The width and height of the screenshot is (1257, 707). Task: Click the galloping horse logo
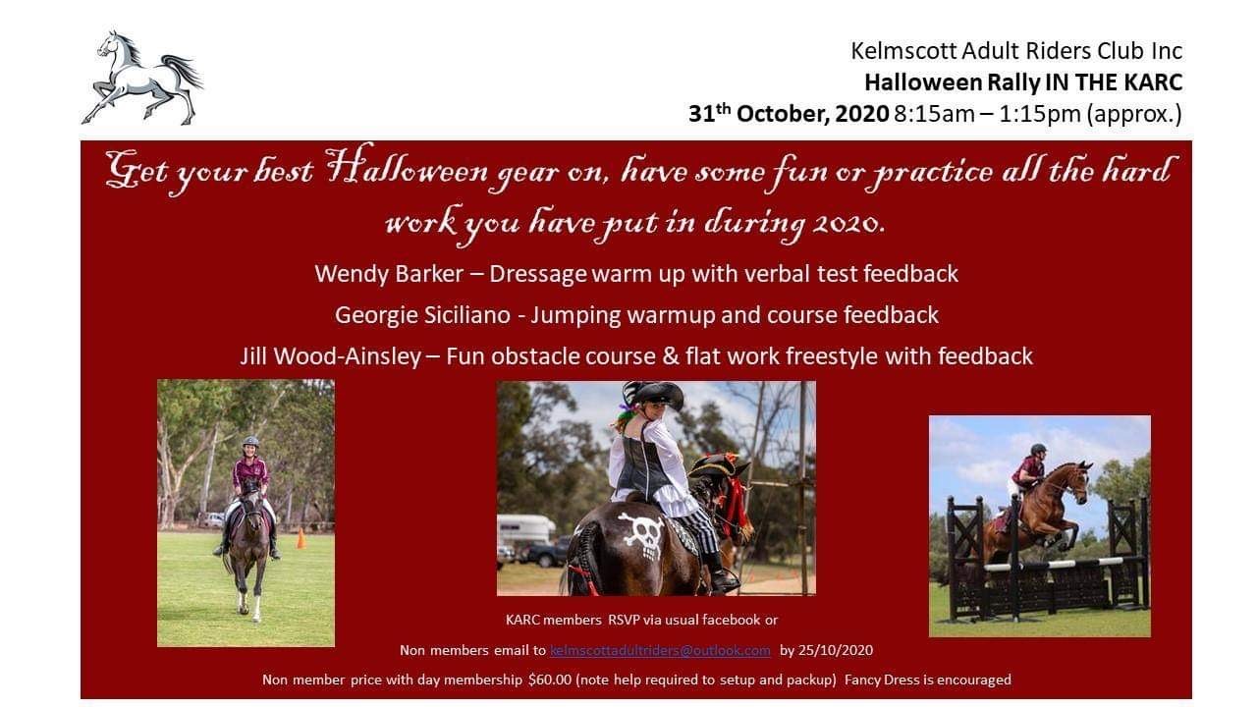point(142,79)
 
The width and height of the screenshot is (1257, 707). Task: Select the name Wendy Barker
point(389,274)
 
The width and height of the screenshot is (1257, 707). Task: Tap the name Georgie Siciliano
point(422,315)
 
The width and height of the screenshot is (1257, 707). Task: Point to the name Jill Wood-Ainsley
point(331,356)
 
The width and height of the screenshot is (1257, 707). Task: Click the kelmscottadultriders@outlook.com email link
point(660,650)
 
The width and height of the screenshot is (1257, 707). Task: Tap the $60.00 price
point(550,680)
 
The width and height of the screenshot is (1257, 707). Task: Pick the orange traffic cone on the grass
point(301,538)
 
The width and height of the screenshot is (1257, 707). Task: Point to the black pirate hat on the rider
point(654,394)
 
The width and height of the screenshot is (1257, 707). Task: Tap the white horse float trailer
point(525,529)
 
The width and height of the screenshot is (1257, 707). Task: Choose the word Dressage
point(537,274)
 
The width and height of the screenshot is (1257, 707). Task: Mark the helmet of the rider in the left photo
point(250,442)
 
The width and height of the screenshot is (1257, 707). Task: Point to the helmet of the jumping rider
point(1039,450)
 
